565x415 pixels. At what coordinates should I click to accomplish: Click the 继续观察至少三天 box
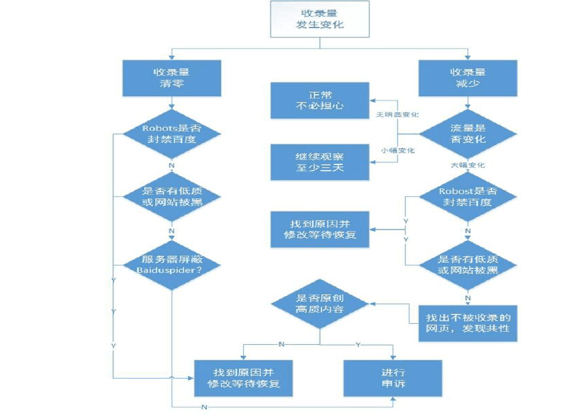point(319,162)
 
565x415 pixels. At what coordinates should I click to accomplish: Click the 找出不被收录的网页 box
point(467,323)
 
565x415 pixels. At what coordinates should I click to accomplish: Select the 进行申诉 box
point(393,377)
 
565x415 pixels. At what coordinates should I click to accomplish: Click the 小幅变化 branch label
point(397,151)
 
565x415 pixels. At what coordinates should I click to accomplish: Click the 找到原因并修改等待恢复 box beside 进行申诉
point(244,377)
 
